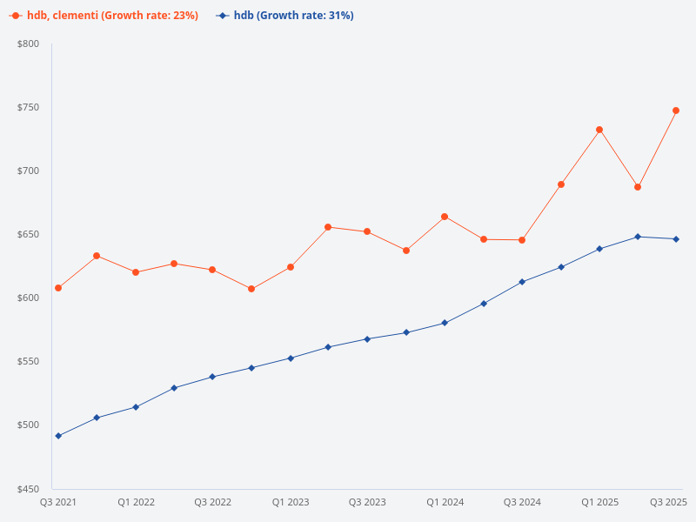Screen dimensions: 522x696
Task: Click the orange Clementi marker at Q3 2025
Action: [x=676, y=110]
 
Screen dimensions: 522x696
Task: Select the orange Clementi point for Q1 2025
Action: [x=599, y=130]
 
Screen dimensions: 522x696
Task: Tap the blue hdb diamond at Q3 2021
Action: [x=58, y=436]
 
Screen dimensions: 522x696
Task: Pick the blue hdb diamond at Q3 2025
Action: [x=676, y=239]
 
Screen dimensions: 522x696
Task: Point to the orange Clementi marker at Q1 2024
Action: [x=445, y=217]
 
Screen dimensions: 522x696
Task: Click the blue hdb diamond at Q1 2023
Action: [x=291, y=358]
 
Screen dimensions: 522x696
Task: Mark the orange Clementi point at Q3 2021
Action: [x=58, y=288]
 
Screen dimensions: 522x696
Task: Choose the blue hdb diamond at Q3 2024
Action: [x=522, y=282]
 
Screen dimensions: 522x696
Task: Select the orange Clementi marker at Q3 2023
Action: [x=367, y=231]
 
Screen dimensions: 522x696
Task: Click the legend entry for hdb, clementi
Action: [x=104, y=16]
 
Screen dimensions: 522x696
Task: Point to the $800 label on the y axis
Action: [x=29, y=43]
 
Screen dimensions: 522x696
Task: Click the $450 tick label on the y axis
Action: [x=29, y=489]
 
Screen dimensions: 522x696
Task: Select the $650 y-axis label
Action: [x=29, y=235]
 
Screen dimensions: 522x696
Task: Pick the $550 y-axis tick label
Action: [x=29, y=362]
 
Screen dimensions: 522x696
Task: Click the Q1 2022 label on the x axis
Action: [x=136, y=502]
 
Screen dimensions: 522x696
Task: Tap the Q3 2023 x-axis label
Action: [x=367, y=502]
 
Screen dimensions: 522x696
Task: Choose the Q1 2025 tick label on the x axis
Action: [x=599, y=502]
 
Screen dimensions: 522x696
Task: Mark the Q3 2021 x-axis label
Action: [x=58, y=502]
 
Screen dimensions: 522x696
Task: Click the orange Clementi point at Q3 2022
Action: [x=212, y=270]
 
